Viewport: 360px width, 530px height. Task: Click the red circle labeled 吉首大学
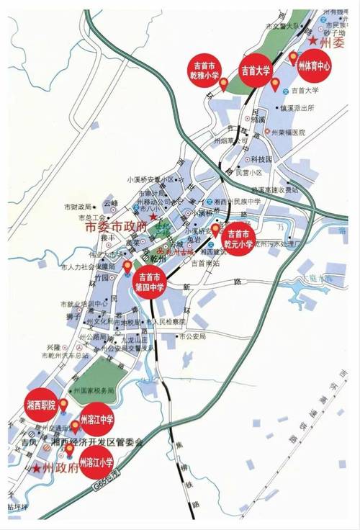click(x=255, y=70)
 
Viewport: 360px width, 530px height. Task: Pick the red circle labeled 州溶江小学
click(x=95, y=462)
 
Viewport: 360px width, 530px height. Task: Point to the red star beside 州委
click(x=312, y=41)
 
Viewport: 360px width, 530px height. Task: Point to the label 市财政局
click(x=76, y=206)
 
